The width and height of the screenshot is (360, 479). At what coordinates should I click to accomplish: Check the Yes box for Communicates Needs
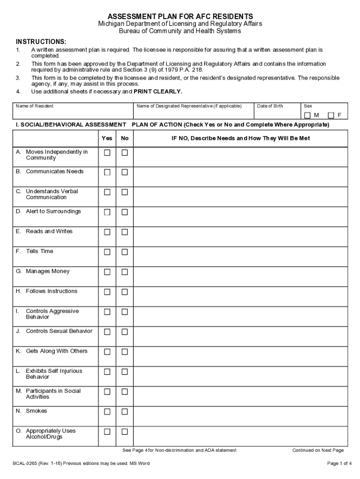[107, 172]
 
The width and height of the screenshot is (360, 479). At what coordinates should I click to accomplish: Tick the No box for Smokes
[125, 412]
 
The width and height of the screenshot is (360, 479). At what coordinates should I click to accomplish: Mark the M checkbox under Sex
[307, 115]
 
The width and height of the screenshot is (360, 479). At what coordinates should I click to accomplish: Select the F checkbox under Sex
[331, 115]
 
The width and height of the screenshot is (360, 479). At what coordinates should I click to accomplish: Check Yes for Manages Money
[107, 272]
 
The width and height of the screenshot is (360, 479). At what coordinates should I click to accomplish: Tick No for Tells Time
[125, 252]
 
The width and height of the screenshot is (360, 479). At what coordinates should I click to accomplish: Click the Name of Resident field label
[35, 106]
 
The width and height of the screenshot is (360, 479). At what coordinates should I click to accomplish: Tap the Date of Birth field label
[270, 106]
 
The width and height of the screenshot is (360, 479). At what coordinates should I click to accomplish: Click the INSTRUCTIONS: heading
[41, 42]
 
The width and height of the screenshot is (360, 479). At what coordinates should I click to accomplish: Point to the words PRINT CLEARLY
[158, 92]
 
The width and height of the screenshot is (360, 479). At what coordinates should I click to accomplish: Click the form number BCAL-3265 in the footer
[26, 464]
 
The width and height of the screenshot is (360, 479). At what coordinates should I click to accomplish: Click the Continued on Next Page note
[318, 450]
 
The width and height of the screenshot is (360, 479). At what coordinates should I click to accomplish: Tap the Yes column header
[107, 138]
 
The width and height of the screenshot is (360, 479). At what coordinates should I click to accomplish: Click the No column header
[125, 138]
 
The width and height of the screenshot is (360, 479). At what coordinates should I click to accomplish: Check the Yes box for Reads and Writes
[107, 232]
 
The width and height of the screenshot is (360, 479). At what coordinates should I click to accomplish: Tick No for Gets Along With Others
[125, 352]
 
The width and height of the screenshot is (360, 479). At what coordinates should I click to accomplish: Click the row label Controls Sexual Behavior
[59, 331]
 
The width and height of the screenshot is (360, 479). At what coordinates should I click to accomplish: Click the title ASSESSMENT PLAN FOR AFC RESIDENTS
[180, 16]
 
